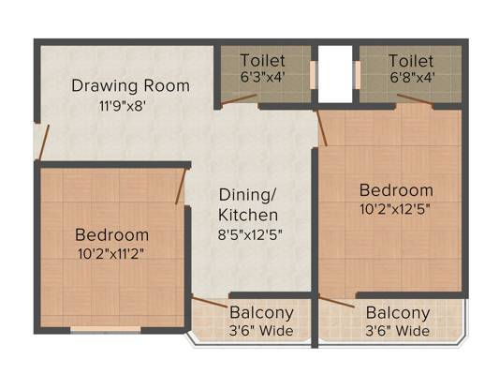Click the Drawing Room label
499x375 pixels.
pyautogui.click(x=130, y=85)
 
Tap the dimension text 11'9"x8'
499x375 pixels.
pyautogui.click(x=123, y=106)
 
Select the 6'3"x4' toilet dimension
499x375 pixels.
pyautogui.click(x=262, y=77)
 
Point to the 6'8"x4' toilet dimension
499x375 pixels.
pyautogui.click(x=412, y=77)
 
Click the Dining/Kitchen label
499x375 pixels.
pyautogui.click(x=248, y=205)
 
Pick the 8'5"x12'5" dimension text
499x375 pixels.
pyautogui.click(x=250, y=234)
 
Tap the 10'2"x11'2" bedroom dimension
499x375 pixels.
pyautogui.click(x=111, y=254)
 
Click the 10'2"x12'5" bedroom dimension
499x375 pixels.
pyautogui.click(x=395, y=209)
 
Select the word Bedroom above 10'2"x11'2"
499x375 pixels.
pyautogui.click(x=112, y=235)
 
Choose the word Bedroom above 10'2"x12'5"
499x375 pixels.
pyautogui.click(x=396, y=190)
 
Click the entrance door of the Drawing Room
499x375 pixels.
pyautogui.click(x=44, y=142)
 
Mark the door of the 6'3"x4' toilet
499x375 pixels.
pyautogui.click(x=239, y=99)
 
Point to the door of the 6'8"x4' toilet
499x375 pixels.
pyautogui.click(x=415, y=99)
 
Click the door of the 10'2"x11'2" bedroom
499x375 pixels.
pyautogui.click(x=180, y=186)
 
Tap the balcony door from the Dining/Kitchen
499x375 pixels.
pyautogui.click(x=210, y=302)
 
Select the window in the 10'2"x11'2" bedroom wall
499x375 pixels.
pyautogui.click(x=106, y=329)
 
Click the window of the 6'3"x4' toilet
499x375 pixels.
pyautogui.click(x=313, y=75)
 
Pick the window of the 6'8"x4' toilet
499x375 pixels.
pyautogui.click(x=358, y=75)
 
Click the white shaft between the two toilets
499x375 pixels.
pyautogui.click(x=335, y=74)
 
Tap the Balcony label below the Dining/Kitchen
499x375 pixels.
pyautogui.click(x=261, y=312)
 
